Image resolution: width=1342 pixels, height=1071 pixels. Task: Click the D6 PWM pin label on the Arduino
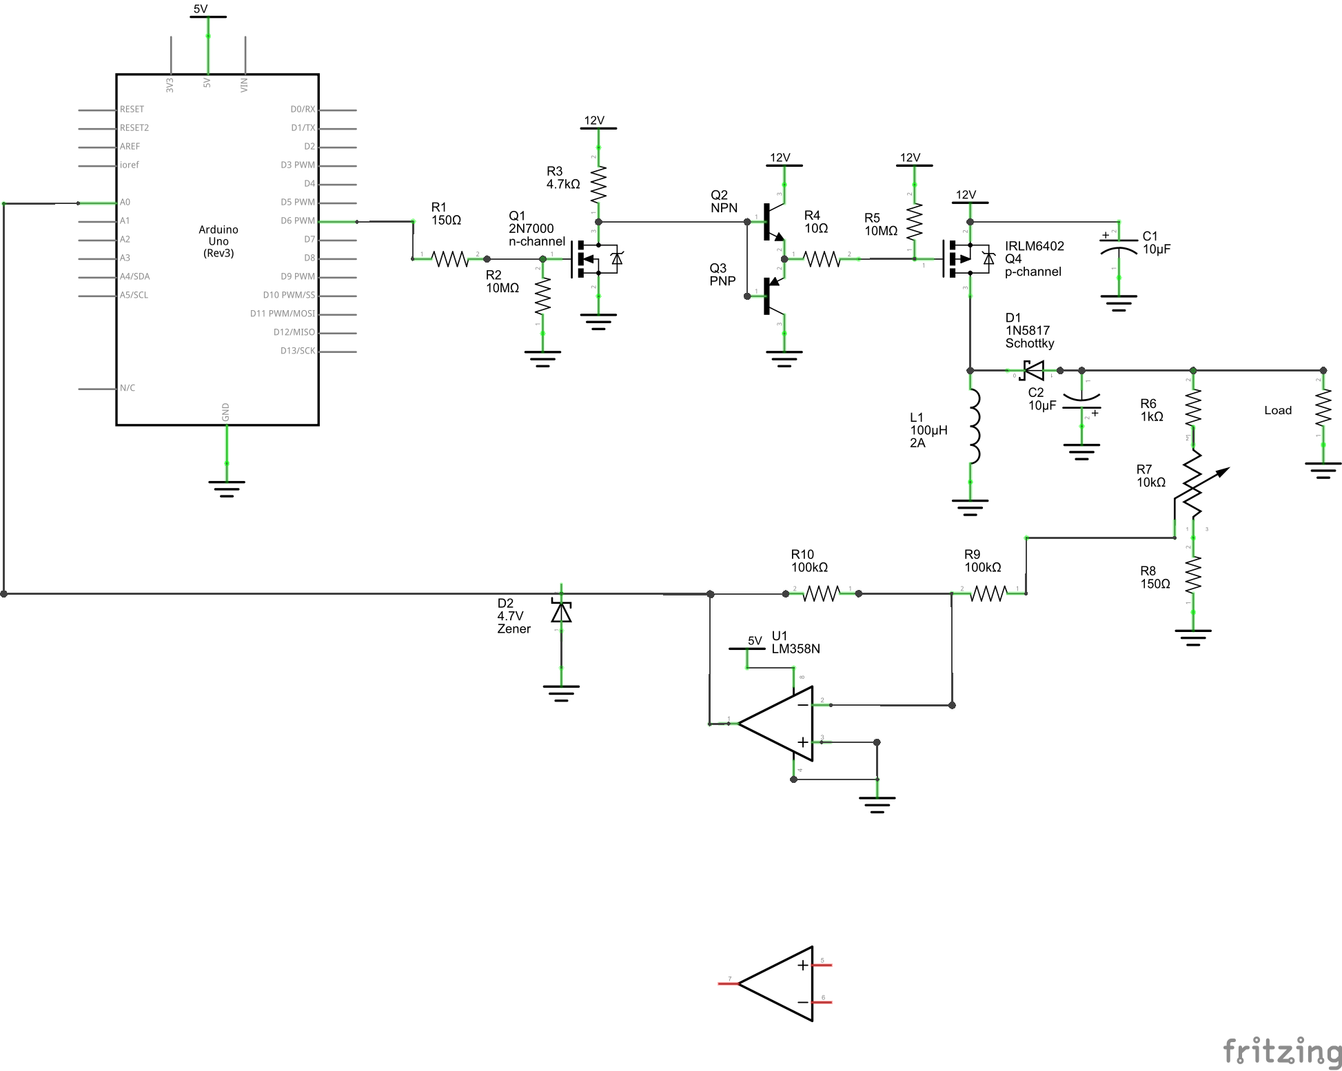(x=297, y=221)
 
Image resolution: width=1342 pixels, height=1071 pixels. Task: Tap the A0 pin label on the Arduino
(x=125, y=203)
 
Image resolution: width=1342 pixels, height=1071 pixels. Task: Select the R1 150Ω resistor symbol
(x=449, y=259)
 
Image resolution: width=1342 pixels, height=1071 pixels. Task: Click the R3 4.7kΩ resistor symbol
(x=598, y=184)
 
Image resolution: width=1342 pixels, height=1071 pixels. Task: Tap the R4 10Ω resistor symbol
(x=822, y=259)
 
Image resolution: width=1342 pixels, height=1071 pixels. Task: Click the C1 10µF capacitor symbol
(x=1119, y=249)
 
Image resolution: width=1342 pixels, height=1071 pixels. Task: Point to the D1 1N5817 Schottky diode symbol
(x=1033, y=371)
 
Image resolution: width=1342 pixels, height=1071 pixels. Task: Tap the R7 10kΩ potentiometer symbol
(x=1194, y=484)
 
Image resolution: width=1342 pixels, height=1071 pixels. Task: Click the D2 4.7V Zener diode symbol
(x=561, y=612)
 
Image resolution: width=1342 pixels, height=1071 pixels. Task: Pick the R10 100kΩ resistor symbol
(x=822, y=593)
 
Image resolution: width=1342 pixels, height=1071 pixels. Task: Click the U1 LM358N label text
(x=795, y=642)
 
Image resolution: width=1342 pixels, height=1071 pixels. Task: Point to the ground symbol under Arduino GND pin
(x=227, y=488)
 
